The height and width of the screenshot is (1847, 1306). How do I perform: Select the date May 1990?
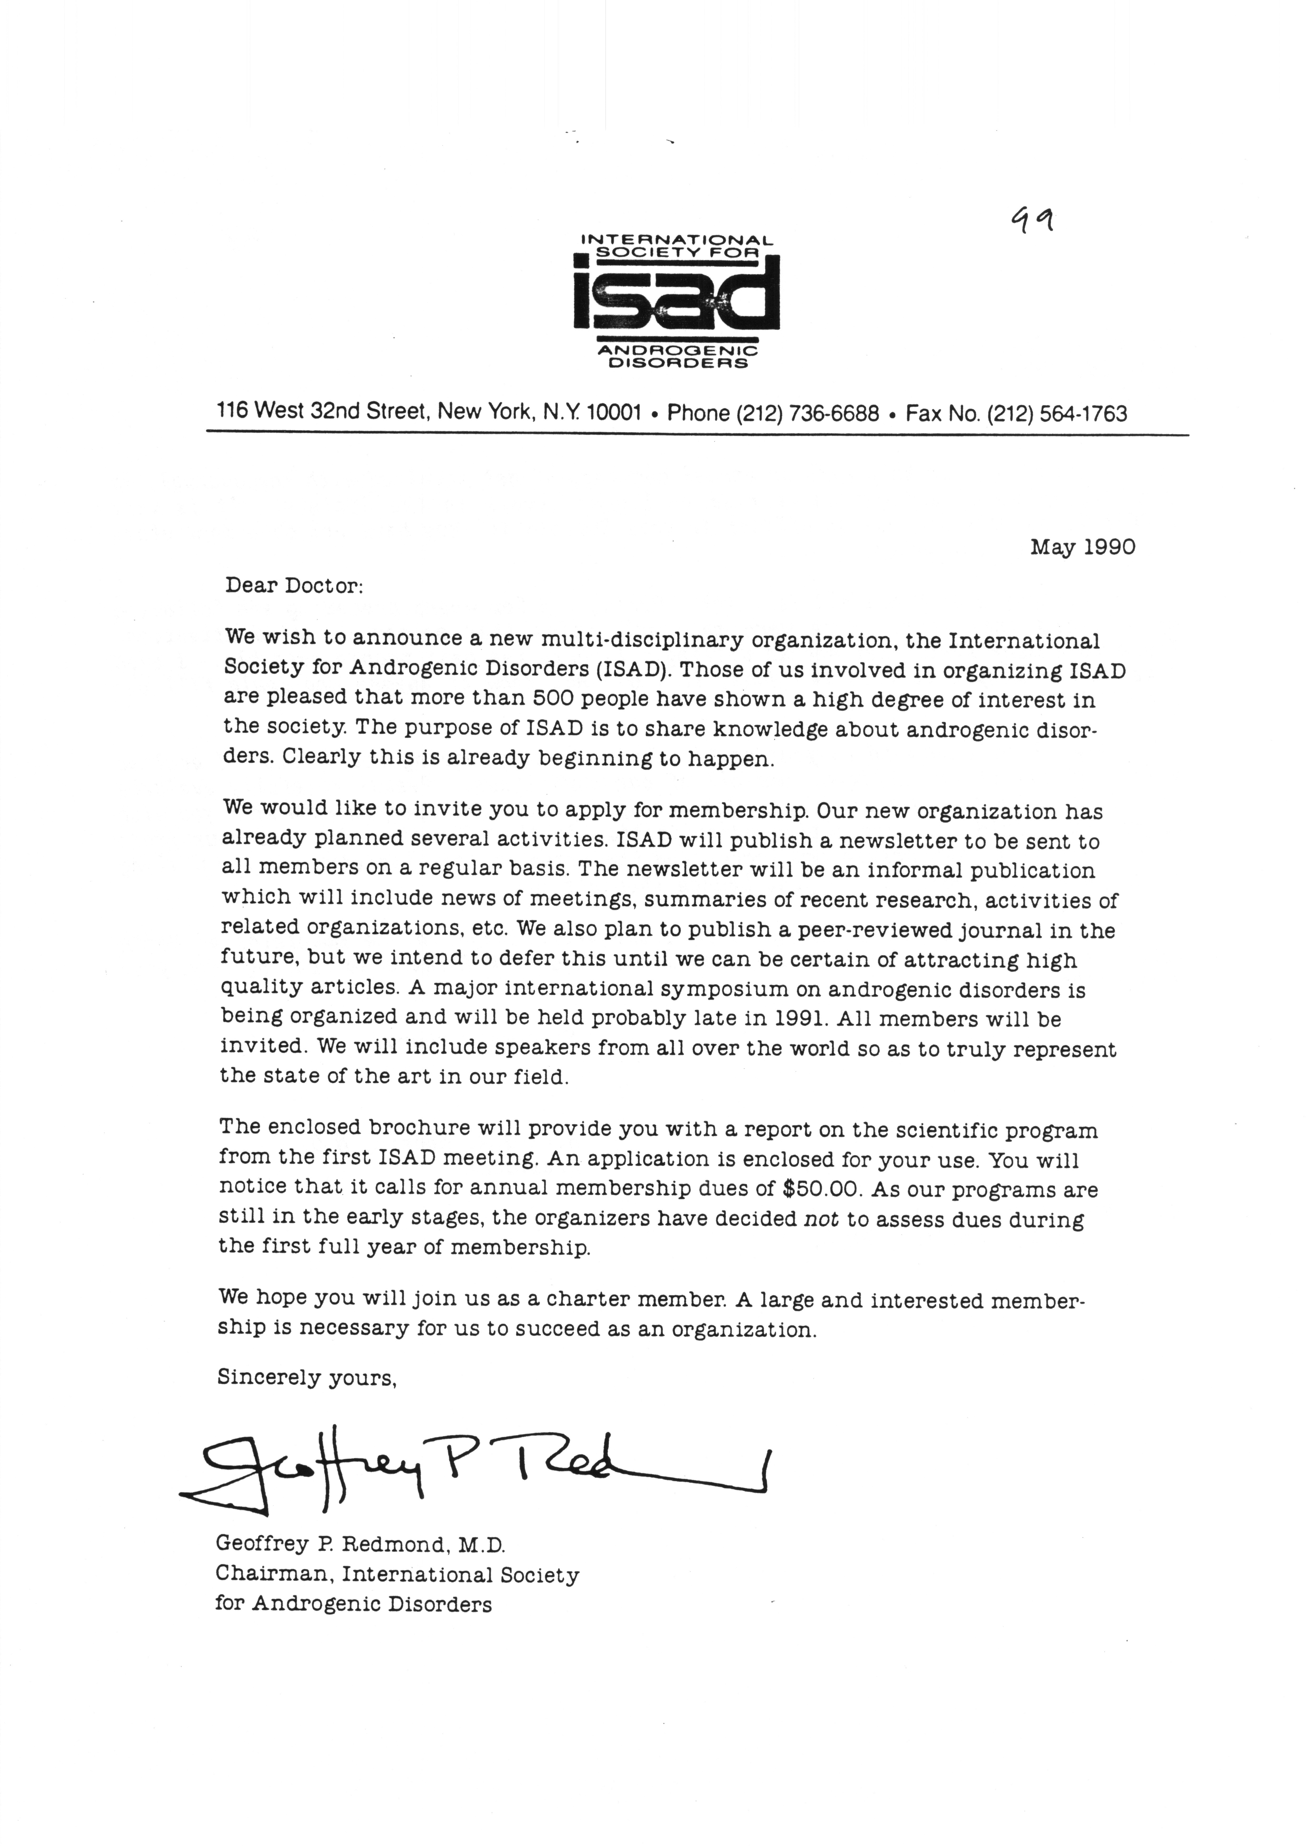1082,548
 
